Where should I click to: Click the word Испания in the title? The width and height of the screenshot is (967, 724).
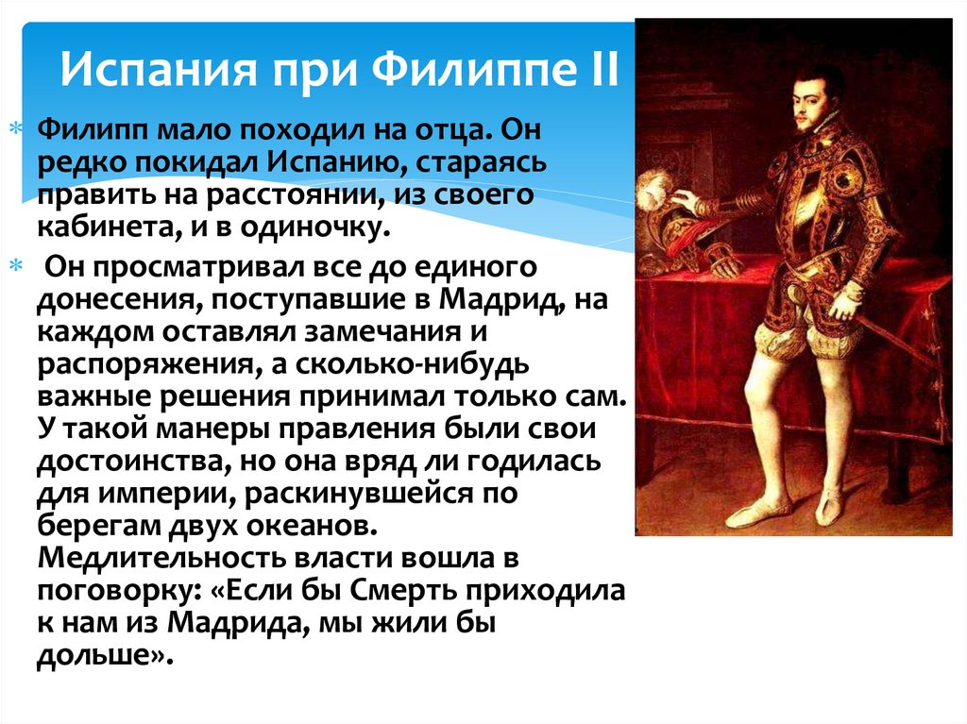[142, 71]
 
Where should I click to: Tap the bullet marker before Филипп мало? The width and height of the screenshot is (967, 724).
[14, 127]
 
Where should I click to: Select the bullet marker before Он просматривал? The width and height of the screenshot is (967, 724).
[14, 268]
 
